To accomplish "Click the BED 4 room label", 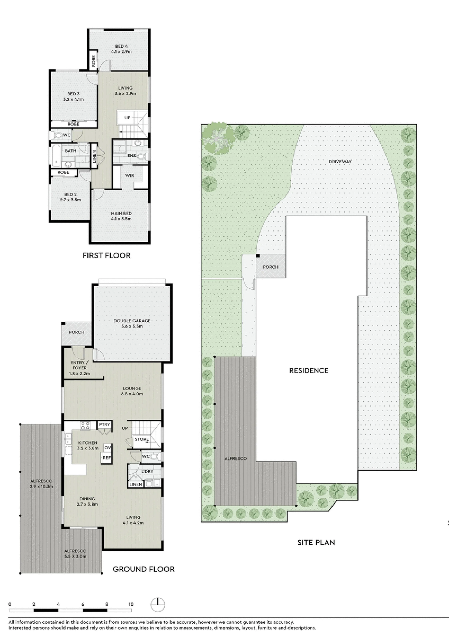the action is (121, 46).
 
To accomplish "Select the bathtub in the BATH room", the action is (56, 156).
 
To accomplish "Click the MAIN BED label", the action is (121, 213).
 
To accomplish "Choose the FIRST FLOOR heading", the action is (107, 255).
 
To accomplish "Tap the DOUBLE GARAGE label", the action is (132, 321).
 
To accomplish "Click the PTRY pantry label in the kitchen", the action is (104, 424).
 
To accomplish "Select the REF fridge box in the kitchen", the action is (107, 458).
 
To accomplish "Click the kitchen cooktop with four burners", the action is (85, 426).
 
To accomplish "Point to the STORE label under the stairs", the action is (142, 439).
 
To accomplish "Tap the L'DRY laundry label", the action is (147, 471).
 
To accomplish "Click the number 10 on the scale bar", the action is (131, 604).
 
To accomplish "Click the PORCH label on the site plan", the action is (270, 267).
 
